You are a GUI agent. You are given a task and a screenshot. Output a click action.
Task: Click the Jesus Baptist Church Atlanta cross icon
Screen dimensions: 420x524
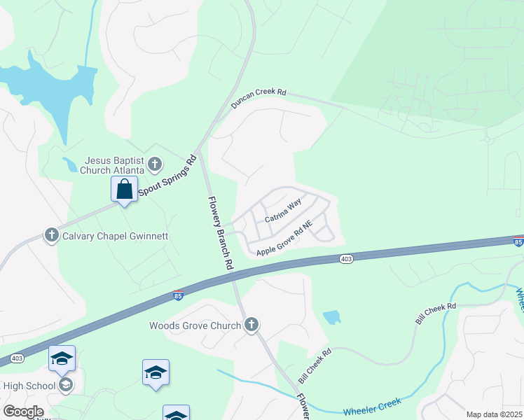point(156,165)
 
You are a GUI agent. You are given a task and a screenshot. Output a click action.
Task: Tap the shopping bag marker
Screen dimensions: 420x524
point(124,189)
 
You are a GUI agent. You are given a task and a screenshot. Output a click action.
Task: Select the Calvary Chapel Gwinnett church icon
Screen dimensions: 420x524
point(51,235)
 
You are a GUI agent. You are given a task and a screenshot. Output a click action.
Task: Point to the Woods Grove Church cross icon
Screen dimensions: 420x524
point(251,325)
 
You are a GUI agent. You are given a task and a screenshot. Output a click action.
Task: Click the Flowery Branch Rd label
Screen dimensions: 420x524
point(219,233)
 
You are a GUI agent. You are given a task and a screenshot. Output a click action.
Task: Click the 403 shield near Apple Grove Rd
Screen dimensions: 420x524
point(346,259)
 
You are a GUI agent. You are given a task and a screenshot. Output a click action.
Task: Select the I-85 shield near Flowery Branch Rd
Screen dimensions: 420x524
point(179,295)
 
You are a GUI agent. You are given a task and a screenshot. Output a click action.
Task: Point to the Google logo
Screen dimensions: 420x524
point(22,412)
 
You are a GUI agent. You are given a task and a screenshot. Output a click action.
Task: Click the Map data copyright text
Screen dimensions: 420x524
point(493,414)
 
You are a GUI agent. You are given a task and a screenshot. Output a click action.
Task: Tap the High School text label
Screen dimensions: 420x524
point(29,386)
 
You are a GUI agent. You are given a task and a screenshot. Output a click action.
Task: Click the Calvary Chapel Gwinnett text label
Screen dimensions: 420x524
point(115,236)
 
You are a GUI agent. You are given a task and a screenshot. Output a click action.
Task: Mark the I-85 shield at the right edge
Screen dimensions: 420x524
point(517,241)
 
